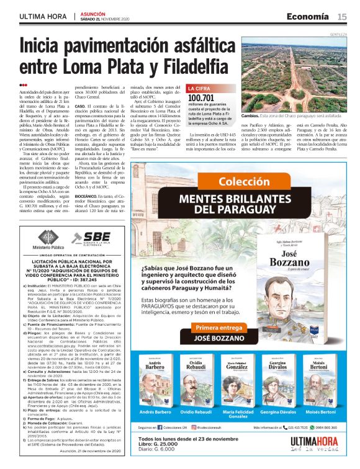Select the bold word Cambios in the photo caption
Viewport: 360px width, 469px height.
[250, 116]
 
